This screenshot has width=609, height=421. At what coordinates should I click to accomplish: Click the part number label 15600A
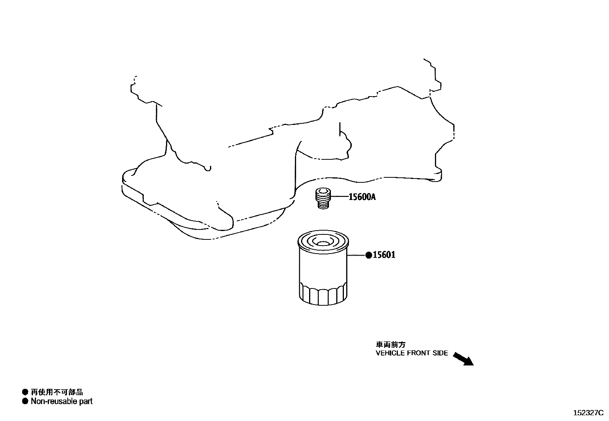tap(362, 197)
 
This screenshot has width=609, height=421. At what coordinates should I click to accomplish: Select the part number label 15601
tap(384, 255)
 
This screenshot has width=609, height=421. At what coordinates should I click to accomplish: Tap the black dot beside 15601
tap(369, 255)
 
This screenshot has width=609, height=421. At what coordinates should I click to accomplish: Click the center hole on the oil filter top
tap(322, 243)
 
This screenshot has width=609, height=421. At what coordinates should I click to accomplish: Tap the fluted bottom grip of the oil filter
tap(322, 294)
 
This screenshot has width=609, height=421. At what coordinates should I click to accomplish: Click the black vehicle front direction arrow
tap(463, 359)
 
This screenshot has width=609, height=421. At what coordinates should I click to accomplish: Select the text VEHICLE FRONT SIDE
tap(412, 353)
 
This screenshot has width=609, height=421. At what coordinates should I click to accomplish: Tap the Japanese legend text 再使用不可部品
tap(57, 392)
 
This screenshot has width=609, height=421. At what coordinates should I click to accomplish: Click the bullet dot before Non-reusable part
tap(25, 401)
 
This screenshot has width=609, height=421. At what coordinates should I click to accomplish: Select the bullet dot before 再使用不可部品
tap(25, 392)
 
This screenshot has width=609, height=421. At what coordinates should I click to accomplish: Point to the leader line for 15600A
tap(340, 197)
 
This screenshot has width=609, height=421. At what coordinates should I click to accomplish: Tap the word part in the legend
tap(86, 401)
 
